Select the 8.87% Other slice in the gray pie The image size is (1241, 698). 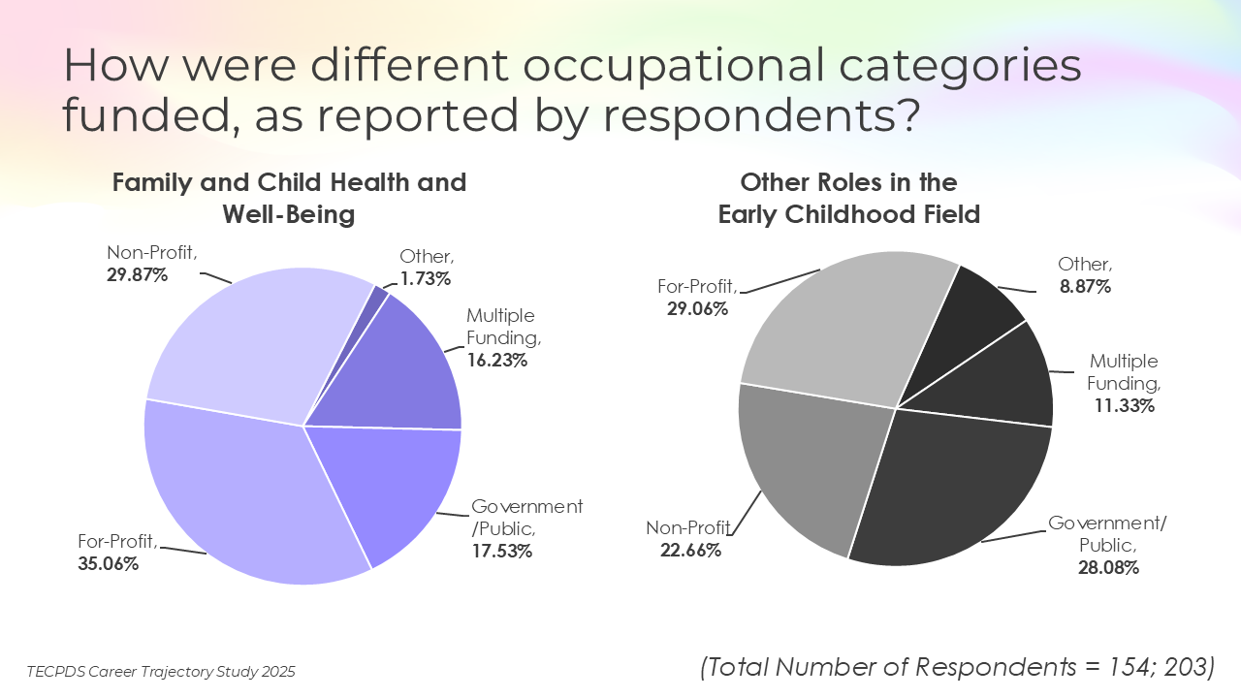tap(970, 320)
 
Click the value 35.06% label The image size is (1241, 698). tap(108, 563)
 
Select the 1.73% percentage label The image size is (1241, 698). tap(426, 279)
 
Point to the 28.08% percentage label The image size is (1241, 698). tap(1108, 568)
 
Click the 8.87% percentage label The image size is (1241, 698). tap(1085, 287)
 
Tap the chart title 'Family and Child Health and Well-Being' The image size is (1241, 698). tap(289, 198)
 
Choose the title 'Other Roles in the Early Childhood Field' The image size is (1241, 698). tap(848, 198)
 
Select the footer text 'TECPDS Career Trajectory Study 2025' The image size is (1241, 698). tap(161, 671)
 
